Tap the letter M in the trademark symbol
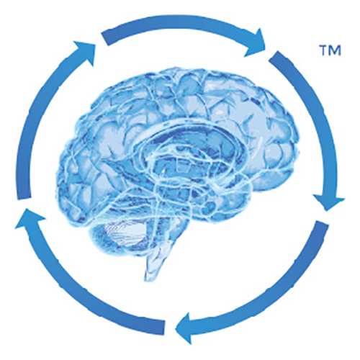(x=335, y=50)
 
